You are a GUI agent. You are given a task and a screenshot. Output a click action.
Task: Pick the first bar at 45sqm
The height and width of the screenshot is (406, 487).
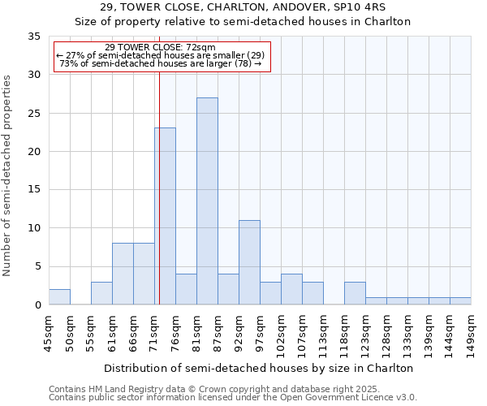[59, 297]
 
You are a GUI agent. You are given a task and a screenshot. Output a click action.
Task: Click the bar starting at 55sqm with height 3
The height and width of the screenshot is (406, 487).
[101, 293]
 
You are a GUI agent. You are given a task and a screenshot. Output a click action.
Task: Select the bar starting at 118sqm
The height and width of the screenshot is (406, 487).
[355, 293]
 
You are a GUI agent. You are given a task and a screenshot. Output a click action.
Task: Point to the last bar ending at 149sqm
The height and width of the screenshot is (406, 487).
[460, 301]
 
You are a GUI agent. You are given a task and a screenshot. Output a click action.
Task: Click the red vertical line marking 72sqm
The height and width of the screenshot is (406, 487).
[160, 203]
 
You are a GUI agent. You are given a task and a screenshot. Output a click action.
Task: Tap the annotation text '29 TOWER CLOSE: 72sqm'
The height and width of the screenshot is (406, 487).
[160, 48]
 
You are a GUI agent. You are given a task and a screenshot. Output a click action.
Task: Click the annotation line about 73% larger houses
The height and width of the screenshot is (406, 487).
[160, 63]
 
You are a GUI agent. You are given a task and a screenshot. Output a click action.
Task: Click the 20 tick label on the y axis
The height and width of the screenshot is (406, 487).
[34, 152]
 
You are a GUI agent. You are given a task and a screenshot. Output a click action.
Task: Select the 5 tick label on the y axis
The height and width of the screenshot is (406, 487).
[37, 267]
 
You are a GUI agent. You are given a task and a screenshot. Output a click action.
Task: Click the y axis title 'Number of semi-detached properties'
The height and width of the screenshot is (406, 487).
[8, 175]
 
